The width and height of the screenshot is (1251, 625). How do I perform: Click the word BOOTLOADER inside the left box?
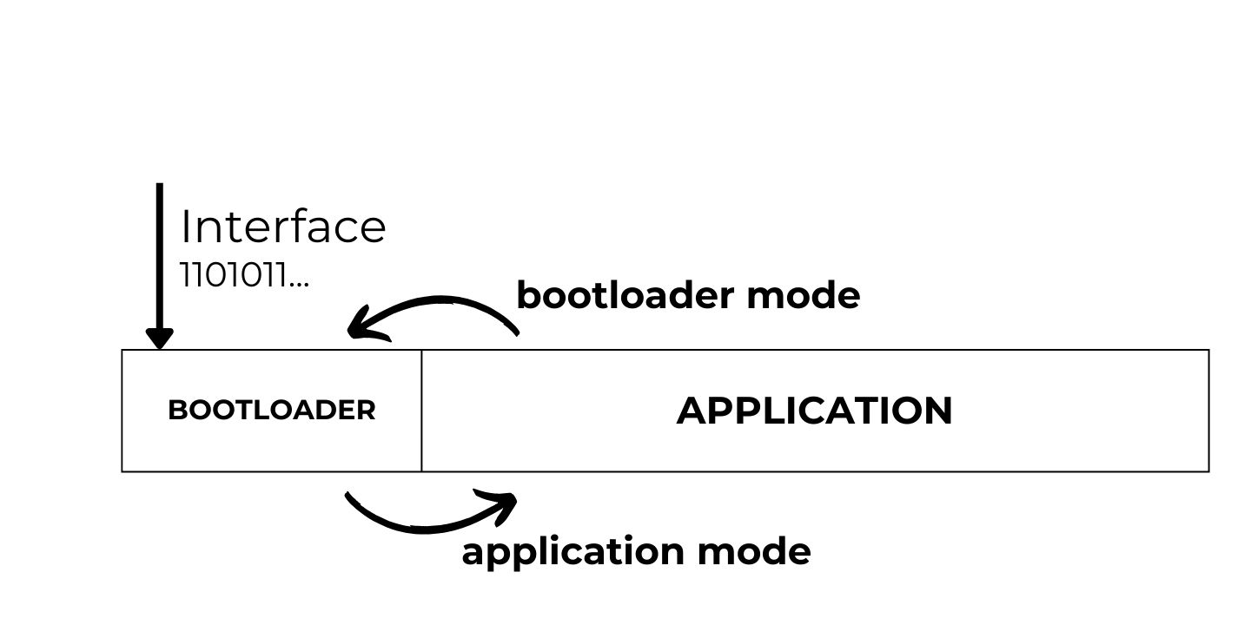(x=271, y=410)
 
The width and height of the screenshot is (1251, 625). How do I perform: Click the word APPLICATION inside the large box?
(x=814, y=411)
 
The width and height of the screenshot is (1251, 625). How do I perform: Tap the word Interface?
(x=283, y=227)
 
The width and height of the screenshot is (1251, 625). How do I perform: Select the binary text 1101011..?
(x=234, y=276)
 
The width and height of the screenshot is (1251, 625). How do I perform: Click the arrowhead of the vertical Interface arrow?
(x=159, y=339)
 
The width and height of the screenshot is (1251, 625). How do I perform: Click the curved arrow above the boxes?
(x=443, y=303)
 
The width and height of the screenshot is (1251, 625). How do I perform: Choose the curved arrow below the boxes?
(x=417, y=524)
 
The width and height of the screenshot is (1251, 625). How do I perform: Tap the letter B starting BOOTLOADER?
(x=175, y=410)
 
